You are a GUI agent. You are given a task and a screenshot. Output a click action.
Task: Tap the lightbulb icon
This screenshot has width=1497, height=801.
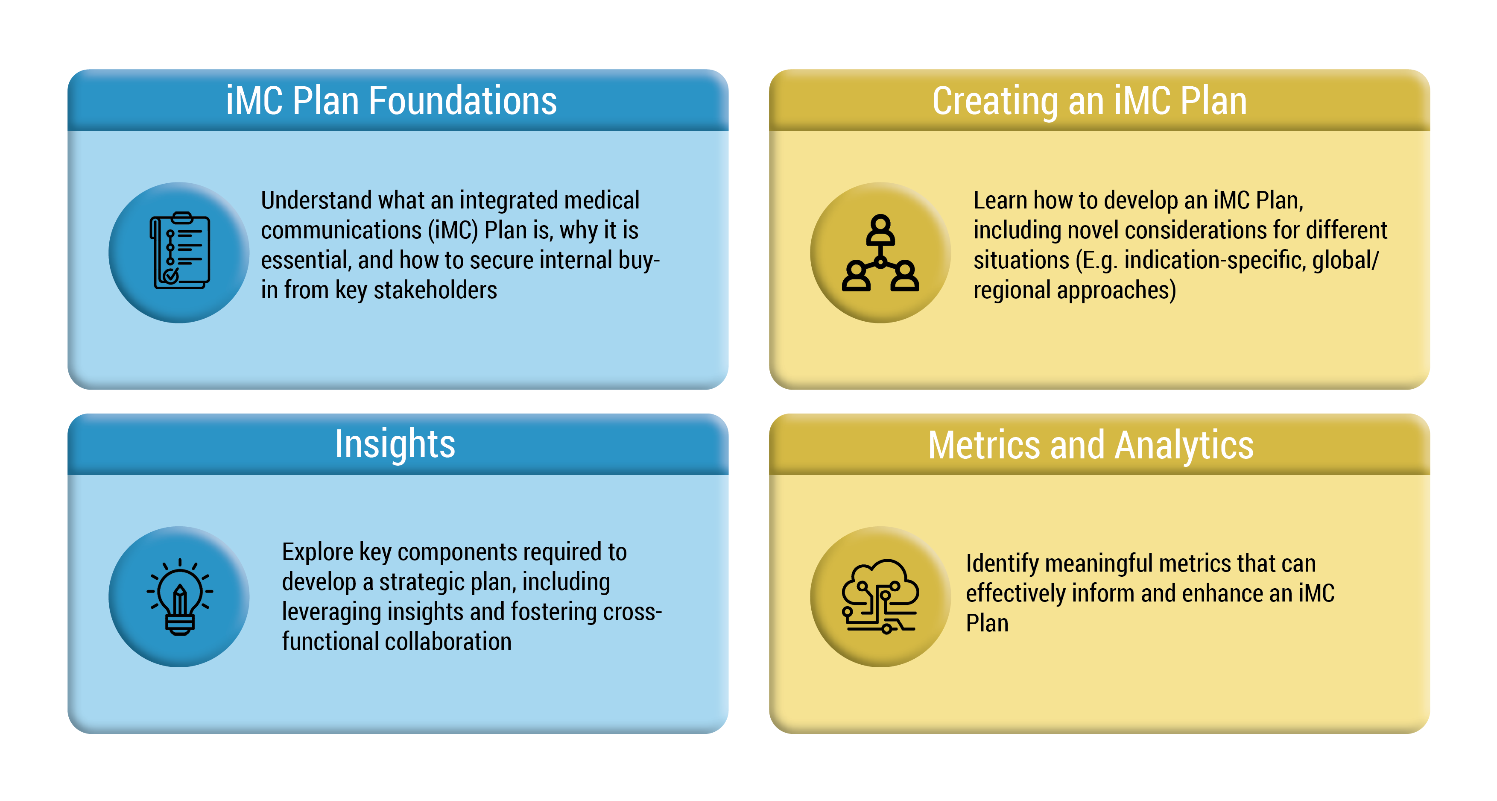pos(180,596)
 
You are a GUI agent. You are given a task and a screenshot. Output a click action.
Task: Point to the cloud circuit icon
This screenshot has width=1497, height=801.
pos(880,596)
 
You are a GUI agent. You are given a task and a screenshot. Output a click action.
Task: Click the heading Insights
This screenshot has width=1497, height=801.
pos(395,445)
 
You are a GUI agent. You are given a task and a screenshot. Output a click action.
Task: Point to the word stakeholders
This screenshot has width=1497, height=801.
pos(435,290)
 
